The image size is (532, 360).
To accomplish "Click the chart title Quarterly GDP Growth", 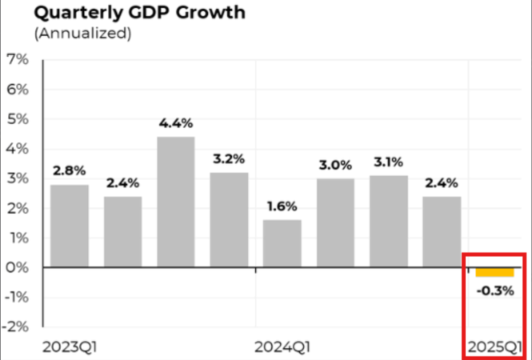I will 139,13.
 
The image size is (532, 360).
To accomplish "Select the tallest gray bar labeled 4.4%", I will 176,202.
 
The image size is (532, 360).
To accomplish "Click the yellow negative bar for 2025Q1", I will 495,272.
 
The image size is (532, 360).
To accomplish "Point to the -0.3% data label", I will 495,291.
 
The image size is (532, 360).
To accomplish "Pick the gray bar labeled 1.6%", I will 282,244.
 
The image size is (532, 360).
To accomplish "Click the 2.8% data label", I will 69,171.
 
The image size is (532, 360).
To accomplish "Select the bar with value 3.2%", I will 229,220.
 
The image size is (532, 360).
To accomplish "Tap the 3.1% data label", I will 389,161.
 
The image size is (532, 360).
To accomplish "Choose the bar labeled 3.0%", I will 335,223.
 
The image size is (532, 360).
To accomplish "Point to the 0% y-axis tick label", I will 17,268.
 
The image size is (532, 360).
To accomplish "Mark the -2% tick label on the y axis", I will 15,327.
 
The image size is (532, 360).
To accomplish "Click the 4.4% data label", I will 176,123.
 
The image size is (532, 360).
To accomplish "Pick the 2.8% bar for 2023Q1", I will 69,226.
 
